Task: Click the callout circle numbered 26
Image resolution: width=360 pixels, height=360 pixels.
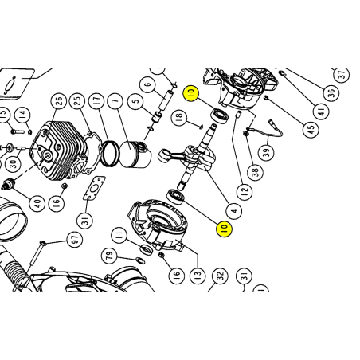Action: (x=58, y=101)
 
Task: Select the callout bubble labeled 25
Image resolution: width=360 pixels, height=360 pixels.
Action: (x=77, y=101)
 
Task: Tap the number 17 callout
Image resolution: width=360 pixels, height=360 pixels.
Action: (x=97, y=101)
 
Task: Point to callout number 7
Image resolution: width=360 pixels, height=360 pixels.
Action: (x=115, y=101)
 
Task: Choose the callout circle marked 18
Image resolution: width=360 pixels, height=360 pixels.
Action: (x=179, y=116)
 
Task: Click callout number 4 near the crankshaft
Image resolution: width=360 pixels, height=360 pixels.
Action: (x=234, y=211)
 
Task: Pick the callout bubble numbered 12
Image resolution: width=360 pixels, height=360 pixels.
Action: (x=245, y=190)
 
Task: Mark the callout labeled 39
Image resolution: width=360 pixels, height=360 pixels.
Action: (x=266, y=152)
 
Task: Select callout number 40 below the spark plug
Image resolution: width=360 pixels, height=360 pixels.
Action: (x=37, y=204)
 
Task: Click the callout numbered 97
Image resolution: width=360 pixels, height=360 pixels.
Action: (x=74, y=239)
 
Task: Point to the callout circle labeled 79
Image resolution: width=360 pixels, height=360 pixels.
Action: (x=109, y=256)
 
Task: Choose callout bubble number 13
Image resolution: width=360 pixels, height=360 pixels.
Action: (x=198, y=275)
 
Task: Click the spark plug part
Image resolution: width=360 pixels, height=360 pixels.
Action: (x=7, y=184)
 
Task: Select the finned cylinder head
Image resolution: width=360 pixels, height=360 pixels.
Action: (x=59, y=150)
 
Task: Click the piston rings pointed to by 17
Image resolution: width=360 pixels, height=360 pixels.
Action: (x=110, y=153)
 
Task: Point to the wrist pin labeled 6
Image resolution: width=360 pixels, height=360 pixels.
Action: (x=166, y=100)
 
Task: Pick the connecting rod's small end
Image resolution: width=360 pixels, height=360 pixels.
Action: (x=163, y=155)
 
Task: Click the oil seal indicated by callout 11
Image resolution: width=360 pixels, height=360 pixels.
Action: (x=147, y=249)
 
